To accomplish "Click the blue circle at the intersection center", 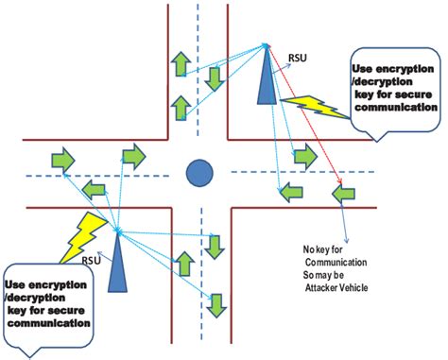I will click(198, 173).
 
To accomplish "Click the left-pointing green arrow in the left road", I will click(93, 192).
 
